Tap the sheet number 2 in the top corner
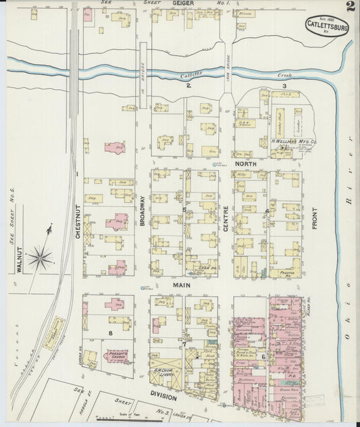coord(350,7)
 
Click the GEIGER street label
coord(183,3)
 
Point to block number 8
coord(110,333)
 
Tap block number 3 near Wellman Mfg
coord(284,86)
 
